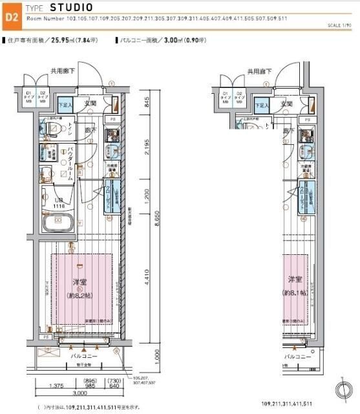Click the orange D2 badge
(x=11, y=18)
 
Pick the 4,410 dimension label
(x=148, y=279)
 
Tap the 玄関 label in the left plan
(x=89, y=103)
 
